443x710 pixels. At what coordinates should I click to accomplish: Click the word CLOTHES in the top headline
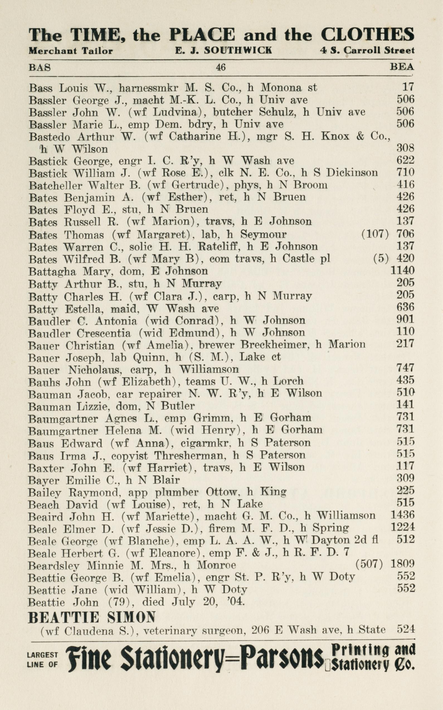(367, 35)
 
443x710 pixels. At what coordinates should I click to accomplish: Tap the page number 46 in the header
(221, 67)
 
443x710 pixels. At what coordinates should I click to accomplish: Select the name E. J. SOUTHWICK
(223, 51)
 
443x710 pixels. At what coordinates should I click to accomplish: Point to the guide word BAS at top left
(40, 68)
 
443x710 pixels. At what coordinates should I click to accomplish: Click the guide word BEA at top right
(402, 67)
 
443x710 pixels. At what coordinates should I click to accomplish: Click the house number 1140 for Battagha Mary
(403, 270)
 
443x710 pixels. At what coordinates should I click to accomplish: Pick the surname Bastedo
(50, 137)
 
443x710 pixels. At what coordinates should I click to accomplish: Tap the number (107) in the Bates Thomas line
(375, 234)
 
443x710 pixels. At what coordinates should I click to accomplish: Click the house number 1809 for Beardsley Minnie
(403, 563)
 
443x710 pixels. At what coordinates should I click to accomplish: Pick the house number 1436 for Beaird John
(403, 515)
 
